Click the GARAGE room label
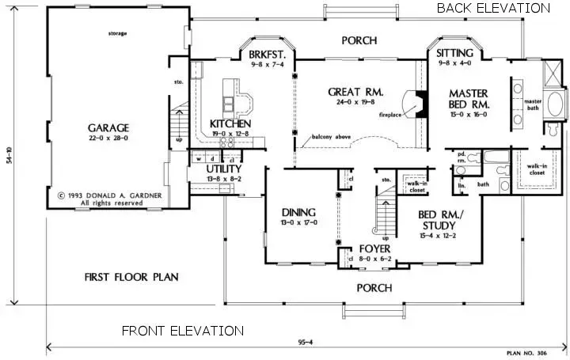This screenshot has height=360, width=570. pyautogui.click(x=109, y=127)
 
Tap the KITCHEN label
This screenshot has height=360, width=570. pyautogui.click(x=230, y=124)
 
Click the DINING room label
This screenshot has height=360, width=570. pyautogui.click(x=299, y=212)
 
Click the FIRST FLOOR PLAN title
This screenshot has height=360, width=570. pyautogui.click(x=131, y=277)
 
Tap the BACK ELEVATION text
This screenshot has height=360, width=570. pyautogui.click(x=492, y=8)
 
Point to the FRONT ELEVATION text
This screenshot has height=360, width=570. pyautogui.click(x=182, y=331)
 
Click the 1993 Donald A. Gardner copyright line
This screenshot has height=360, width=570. pyautogui.click(x=101, y=194)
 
